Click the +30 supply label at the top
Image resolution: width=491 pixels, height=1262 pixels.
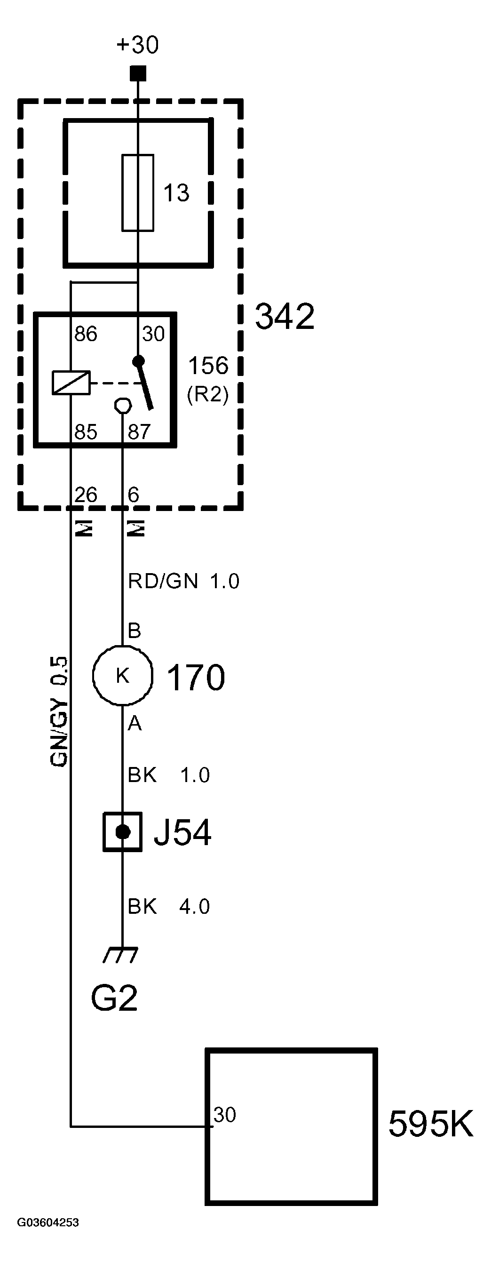(x=137, y=45)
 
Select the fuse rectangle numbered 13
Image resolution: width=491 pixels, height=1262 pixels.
(x=137, y=192)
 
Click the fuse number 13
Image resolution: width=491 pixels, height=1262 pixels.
(x=176, y=193)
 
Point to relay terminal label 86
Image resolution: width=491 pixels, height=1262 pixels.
(x=86, y=334)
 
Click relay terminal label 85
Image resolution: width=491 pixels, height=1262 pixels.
(x=86, y=432)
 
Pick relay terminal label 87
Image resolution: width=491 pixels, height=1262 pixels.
(x=139, y=432)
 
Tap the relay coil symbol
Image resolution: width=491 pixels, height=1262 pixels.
(x=71, y=383)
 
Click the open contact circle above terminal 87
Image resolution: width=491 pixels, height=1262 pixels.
(x=122, y=405)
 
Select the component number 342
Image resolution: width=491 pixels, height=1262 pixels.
(x=285, y=317)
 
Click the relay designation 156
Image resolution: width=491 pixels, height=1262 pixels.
(x=208, y=366)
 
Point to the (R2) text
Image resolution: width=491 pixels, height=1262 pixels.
(x=208, y=394)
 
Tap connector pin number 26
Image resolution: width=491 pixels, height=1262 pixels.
(x=86, y=495)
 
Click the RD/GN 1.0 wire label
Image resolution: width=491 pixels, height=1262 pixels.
(x=183, y=582)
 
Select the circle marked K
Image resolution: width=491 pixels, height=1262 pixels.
(x=122, y=676)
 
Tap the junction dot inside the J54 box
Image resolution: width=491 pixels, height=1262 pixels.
(x=122, y=832)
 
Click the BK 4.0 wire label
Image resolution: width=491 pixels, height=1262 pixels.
(x=168, y=906)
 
